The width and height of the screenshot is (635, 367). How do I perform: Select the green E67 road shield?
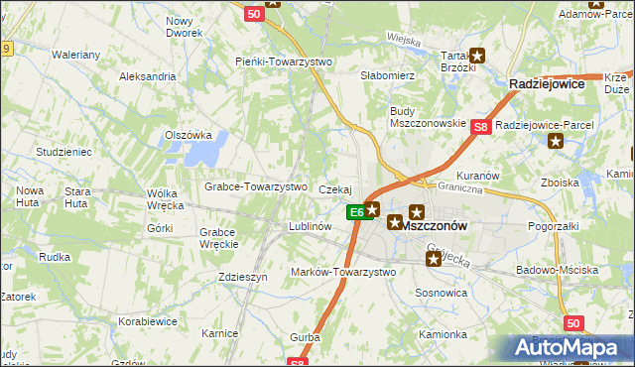(355, 211)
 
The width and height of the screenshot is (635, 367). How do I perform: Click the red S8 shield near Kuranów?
(481, 127)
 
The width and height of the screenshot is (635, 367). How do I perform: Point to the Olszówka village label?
(189, 135)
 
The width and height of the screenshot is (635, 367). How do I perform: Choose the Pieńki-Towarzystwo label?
(284, 61)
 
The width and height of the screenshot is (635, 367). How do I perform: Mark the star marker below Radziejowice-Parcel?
(556, 141)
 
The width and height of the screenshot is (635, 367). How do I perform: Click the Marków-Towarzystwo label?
(342, 272)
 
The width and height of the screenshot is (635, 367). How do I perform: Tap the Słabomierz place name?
(387, 75)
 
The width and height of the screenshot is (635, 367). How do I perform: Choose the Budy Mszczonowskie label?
(428, 116)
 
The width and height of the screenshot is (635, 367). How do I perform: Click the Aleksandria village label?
(147, 76)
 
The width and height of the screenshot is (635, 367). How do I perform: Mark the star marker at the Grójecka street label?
(435, 260)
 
